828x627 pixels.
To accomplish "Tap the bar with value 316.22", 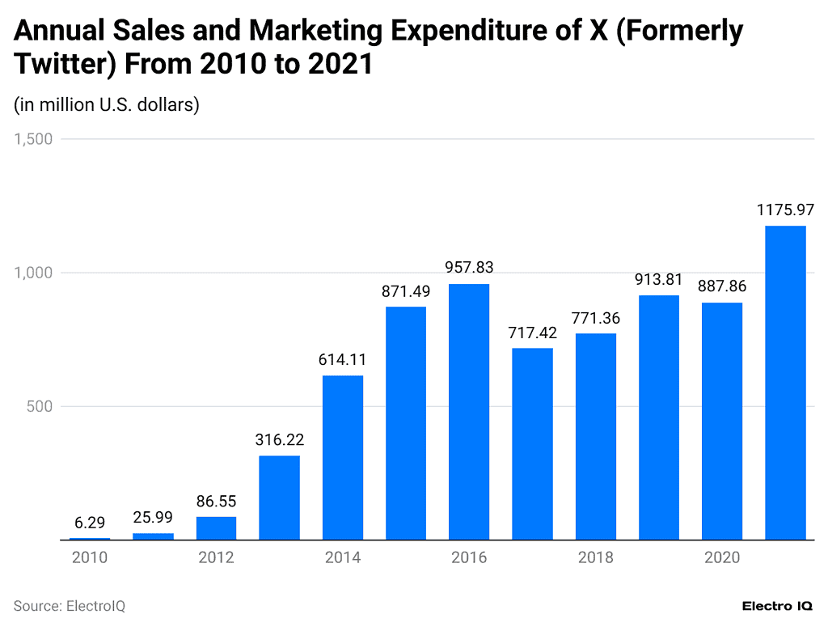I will [x=280, y=497].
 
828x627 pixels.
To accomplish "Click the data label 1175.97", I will [x=785, y=210].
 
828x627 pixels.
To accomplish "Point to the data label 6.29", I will [x=89, y=523].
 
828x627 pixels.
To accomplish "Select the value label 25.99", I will [x=153, y=518].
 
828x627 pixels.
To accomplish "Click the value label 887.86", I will [x=722, y=286].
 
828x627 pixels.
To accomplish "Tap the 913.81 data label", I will [x=659, y=280].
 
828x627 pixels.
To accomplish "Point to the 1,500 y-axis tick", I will [x=33, y=139].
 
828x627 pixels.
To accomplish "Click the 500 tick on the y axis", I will [x=39, y=406].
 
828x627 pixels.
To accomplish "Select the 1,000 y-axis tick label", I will [x=33, y=273].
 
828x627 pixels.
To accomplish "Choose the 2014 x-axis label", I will [x=342, y=557].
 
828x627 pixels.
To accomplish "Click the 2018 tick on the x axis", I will [x=595, y=557].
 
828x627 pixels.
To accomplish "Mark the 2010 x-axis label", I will [x=89, y=557].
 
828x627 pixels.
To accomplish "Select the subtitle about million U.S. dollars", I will [x=106, y=104].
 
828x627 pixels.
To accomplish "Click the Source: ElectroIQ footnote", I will [x=69, y=606].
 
